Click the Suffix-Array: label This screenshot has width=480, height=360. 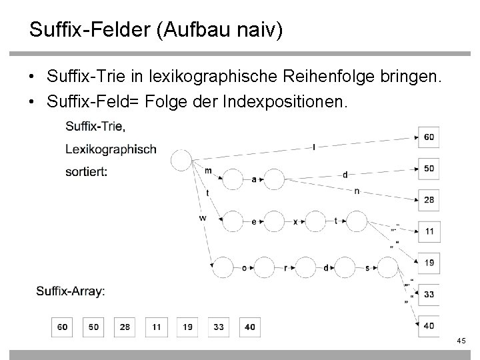click(x=70, y=291)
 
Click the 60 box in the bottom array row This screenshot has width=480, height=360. click(x=63, y=327)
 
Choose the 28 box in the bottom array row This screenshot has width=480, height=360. click(x=125, y=327)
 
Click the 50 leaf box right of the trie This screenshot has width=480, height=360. click(x=429, y=168)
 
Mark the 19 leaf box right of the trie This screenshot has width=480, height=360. click(x=429, y=263)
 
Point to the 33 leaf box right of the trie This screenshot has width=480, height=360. click(x=429, y=294)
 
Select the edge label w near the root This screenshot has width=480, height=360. click(x=201, y=218)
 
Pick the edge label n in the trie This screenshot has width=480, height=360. click(x=357, y=191)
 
